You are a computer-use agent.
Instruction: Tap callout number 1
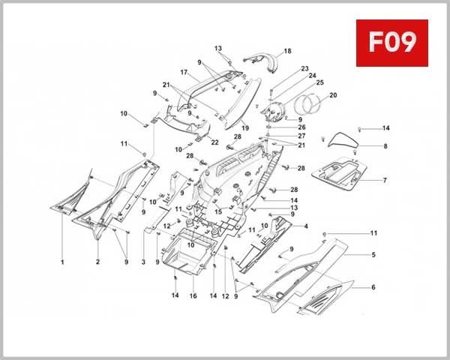[62, 262]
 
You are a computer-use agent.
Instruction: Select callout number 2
[97, 262]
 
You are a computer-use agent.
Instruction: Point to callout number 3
[143, 262]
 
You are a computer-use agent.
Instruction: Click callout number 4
[305, 226]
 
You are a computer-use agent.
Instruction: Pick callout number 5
[373, 256]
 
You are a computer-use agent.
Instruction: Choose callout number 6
[373, 287]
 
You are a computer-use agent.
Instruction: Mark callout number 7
[385, 181]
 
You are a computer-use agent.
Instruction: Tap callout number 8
[385, 146]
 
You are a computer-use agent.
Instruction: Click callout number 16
[193, 296]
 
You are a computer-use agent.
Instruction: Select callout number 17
[183, 73]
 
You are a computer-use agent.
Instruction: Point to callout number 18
[287, 52]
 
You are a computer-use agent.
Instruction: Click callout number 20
[333, 95]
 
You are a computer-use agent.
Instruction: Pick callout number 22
[214, 142]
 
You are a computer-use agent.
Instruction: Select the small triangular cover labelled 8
[343, 139]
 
